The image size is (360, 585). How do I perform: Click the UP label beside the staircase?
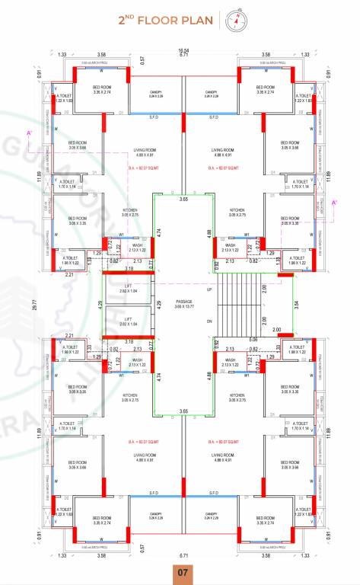[209, 290]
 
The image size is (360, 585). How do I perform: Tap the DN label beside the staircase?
[209, 321]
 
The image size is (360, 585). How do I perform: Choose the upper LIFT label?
[128, 286]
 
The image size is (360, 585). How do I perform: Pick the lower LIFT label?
[128, 318]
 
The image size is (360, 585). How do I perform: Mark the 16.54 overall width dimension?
[183, 50]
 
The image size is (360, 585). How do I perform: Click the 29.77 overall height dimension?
[35, 305]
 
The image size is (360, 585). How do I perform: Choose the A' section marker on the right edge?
[334, 202]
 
